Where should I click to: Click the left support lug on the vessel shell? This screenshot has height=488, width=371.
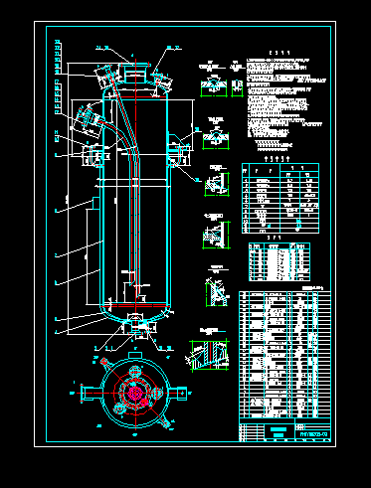(93, 153)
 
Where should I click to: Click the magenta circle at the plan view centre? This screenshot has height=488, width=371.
(133, 392)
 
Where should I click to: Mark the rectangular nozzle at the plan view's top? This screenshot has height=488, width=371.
(133, 355)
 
